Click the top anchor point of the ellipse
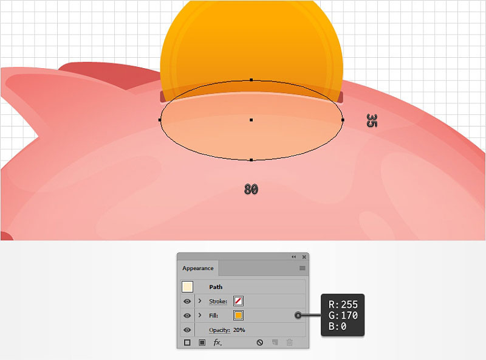pyautogui.click(x=252, y=80)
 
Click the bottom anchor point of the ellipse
pyautogui.click(x=252, y=160)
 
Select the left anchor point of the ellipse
pyautogui.click(x=160, y=120)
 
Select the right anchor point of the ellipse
pyautogui.click(x=343, y=120)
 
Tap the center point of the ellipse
pyautogui.click(x=252, y=120)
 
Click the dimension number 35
pyautogui.click(x=372, y=120)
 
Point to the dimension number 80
pyautogui.click(x=251, y=189)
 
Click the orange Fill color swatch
pyautogui.click(x=238, y=316)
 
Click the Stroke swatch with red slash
pyautogui.click(x=238, y=301)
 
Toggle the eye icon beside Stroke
pyautogui.click(x=187, y=302)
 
